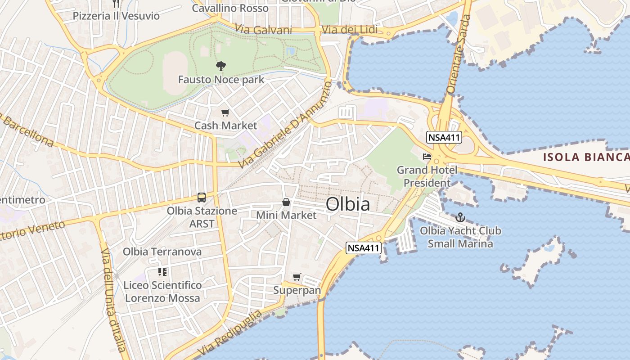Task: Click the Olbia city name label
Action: [348, 204]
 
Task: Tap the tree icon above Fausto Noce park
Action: [220, 66]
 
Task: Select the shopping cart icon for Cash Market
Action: [225, 112]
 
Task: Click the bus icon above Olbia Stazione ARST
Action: [202, 197]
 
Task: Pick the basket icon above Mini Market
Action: [286, 202]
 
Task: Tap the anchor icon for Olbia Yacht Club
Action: [460, 218]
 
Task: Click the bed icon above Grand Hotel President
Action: [427, 157]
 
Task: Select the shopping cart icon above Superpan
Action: [297, 277]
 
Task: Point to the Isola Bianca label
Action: [586, 157]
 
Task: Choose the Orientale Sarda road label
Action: [459, 54]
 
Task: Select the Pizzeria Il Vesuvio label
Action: [116, 16]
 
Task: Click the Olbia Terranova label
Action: [162, 252]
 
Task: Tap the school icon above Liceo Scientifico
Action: [162, 272]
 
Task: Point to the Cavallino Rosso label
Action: [230, 8]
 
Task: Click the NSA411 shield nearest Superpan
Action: [364, 247]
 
